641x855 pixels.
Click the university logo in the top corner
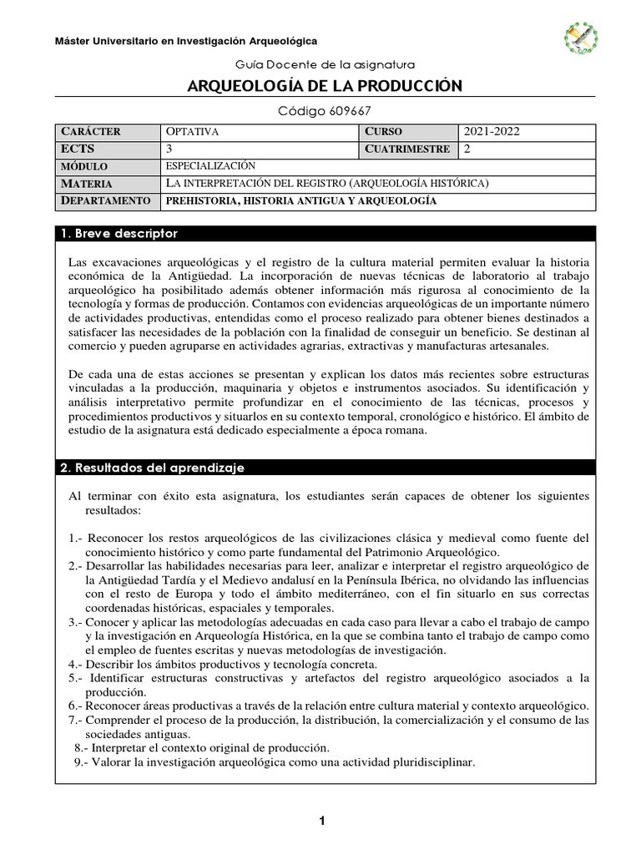[581, 38]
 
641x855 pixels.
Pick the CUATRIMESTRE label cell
[407, 149]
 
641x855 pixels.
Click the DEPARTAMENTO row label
[105, 201]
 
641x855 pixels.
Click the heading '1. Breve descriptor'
[118, 233]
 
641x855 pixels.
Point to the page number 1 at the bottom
[320, 822]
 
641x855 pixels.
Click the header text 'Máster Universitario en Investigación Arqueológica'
[185, 41]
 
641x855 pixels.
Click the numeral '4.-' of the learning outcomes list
[78, 665]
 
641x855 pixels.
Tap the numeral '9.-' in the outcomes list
[83, 761]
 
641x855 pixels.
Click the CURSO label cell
[383, 132]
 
